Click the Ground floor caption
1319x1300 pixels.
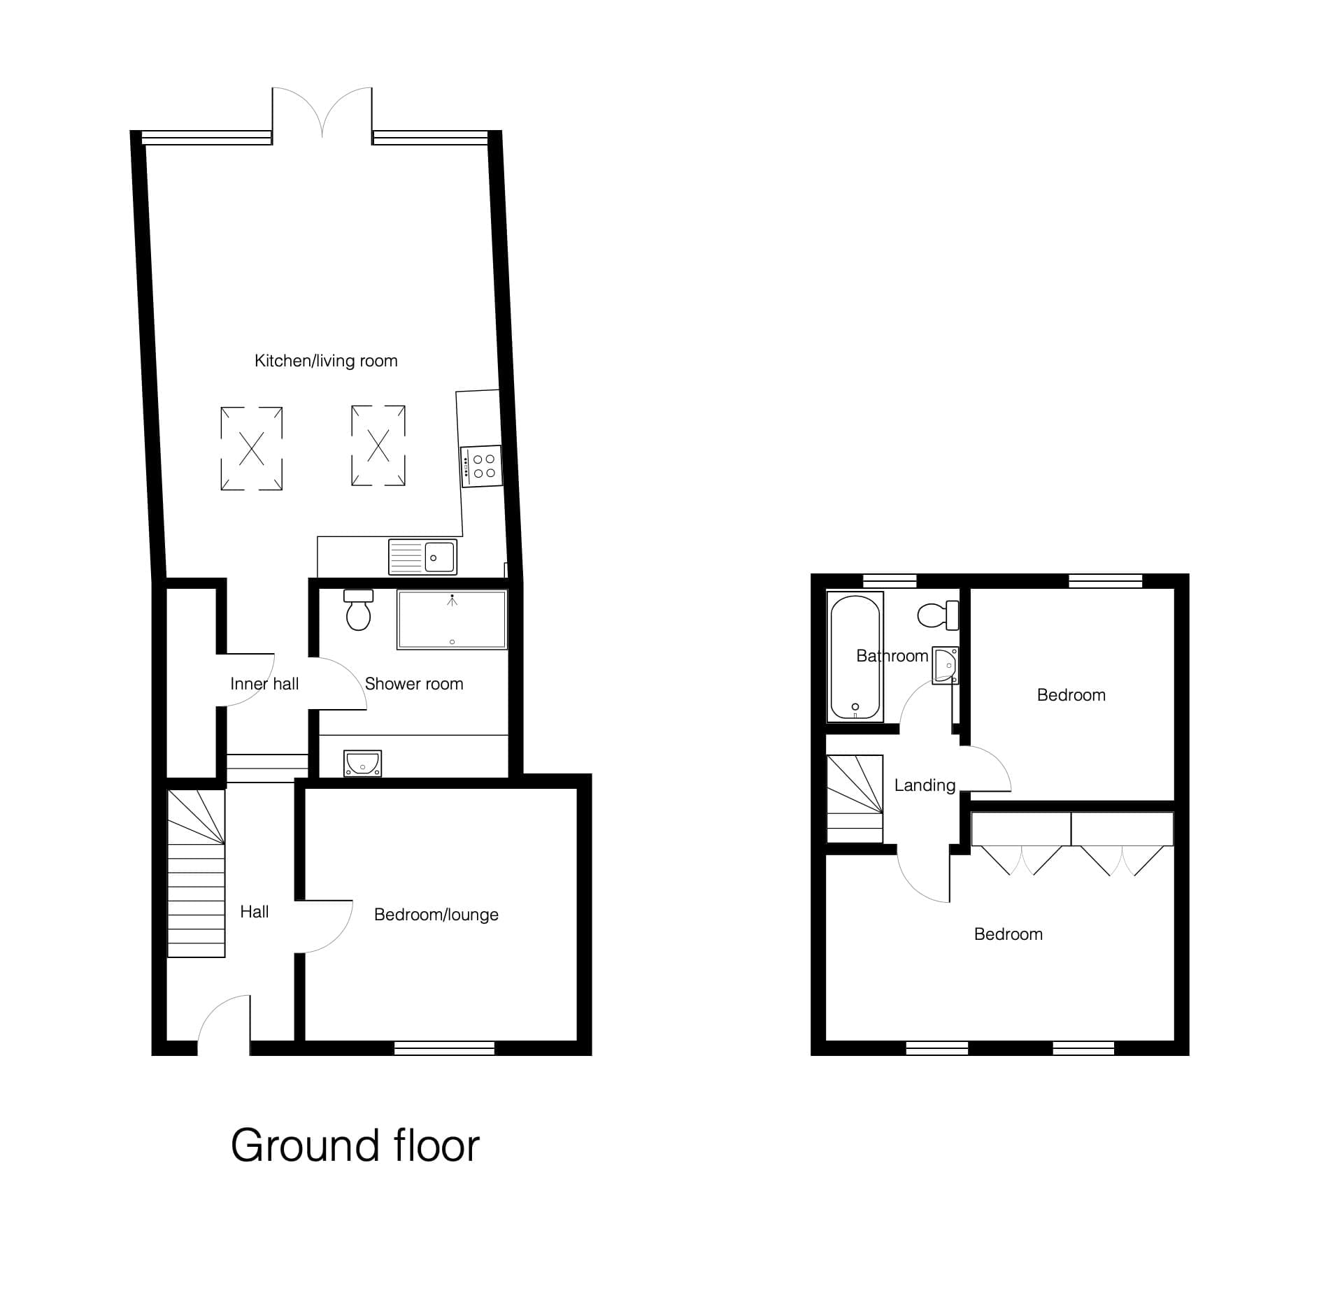click(355, 1146)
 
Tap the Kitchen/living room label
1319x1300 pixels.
click(326, 361)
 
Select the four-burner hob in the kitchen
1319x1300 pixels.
click(481, 466)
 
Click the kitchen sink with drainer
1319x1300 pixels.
click(422, 557)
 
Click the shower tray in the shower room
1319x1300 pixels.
click(452, 620)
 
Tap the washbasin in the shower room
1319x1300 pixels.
click(362, 763)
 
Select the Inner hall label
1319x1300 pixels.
click(264, 684)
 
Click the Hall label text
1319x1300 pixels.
click(255, 912)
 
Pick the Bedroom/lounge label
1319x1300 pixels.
click(436, 915)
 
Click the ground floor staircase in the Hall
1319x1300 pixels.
click(197, 873)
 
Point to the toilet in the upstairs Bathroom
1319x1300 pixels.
click(938, 615)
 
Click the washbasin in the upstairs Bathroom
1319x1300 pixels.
click(945, 665)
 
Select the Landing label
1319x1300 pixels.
click(925, 785)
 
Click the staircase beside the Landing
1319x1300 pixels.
click(855, 799)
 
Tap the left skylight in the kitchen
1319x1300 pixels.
click(252, 448)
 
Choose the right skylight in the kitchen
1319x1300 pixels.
click(378, 445)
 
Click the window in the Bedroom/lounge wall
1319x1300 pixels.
click(444, 1048)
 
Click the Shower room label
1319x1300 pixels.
click(414, 684)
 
